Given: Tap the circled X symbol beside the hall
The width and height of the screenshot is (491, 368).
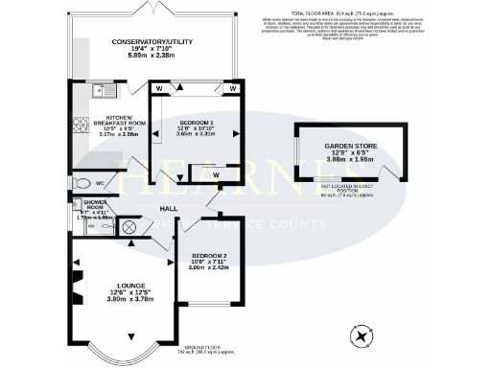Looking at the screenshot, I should (x=129, y=227).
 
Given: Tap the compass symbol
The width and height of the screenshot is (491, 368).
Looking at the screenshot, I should (x=362, y=335).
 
